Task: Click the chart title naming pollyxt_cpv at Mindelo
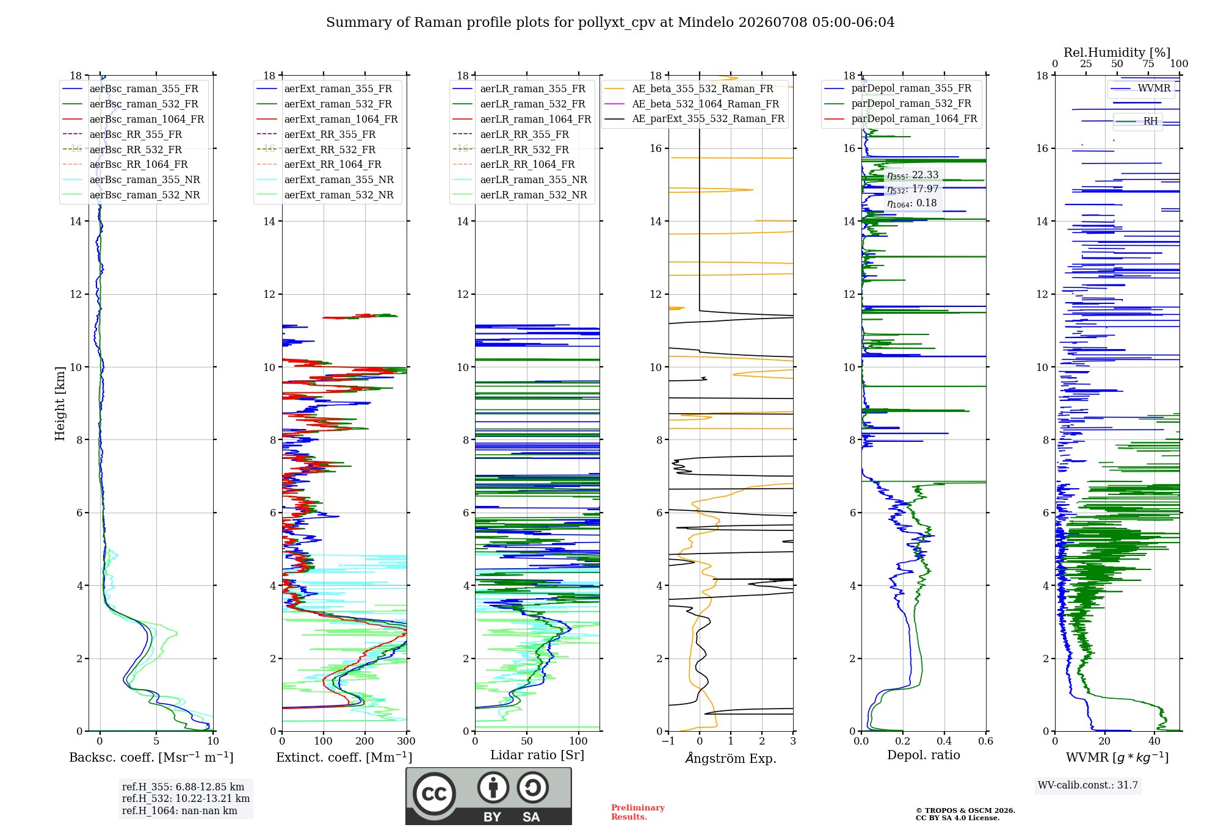(x=610, y=23)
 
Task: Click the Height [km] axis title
(x=60, y=403)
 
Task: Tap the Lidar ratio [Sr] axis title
(x=537, y=755)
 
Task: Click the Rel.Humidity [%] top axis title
(x=1117, y=52)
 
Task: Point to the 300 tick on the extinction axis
(x=407, y=742)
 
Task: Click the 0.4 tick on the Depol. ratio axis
(x=944, y=742)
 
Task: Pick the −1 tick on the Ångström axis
(x=668, y=742)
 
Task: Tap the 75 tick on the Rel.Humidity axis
(x=1148, y=64)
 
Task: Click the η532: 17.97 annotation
(x=913, y=189)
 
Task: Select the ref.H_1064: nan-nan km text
(x=179, y=810)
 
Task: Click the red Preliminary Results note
(x=638, y=812)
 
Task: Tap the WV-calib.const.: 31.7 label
(x=1088, y=785)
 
